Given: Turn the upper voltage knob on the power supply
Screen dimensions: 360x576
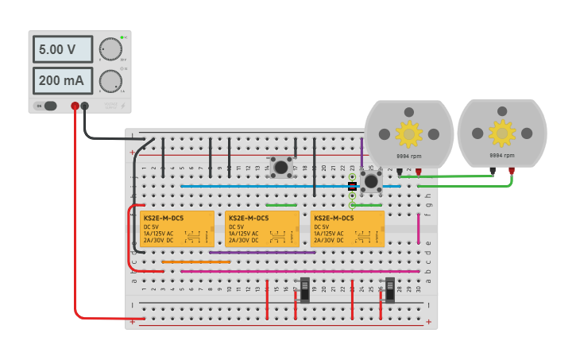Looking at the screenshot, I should (110, 49).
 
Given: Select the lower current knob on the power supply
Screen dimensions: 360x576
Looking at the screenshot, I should (110, 79).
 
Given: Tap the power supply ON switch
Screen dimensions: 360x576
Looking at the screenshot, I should (49, 106).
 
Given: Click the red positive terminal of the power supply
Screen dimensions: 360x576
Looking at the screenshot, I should (75, 106).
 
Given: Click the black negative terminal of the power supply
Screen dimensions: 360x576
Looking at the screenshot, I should (86, 106).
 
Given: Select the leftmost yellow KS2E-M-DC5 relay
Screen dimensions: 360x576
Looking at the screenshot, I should (176, 229).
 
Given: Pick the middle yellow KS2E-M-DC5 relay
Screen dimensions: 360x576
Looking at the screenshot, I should (262, 229).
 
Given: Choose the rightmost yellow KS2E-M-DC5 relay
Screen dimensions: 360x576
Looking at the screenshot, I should (347, 229).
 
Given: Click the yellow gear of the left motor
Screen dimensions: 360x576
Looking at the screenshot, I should (409, 134).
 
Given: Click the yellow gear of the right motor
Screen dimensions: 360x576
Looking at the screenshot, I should (501, 132).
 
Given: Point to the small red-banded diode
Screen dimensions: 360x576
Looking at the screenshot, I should (352, 185).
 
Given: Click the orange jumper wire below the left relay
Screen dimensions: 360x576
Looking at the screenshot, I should (196, 261).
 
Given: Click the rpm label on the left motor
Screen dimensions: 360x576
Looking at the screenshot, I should (409, 157).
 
